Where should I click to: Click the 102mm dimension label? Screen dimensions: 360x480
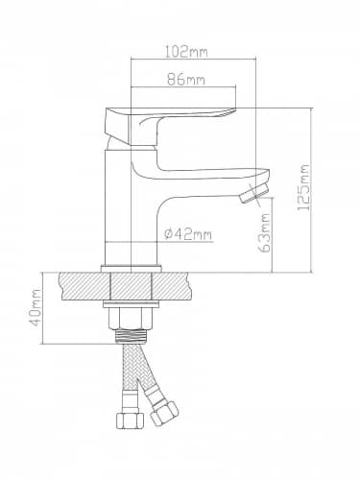pyautogui.click(x=186, y=52)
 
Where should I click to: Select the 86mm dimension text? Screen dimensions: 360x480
pyautogui.click(x=186, y=80)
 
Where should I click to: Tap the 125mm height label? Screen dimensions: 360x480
pyautogui.click(x=303, y=187)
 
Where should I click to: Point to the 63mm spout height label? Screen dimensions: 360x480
pyautogui.click(x=264, y=232)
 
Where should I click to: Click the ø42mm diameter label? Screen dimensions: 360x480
pyautogui.click(x=188, y=235)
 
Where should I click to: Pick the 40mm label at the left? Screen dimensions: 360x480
pyautogui.click(x=35, y=307)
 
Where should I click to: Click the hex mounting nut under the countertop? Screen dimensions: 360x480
pyautogui.click(x=130, y=319)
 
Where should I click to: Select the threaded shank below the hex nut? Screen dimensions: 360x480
pyautogui.click(x=131, y=336)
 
